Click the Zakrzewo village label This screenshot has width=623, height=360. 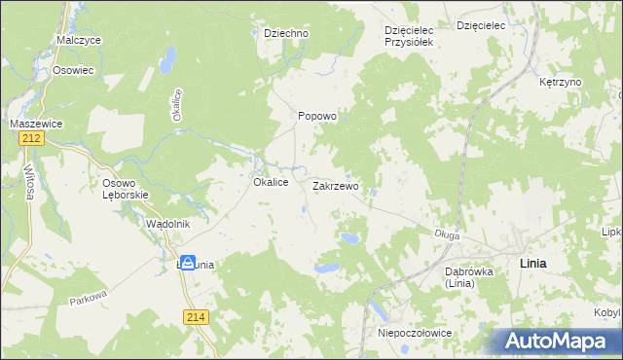coord(336,185)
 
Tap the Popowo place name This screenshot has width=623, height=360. coord(316,116)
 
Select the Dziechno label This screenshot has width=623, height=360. coord(286,33)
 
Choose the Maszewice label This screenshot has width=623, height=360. coord(36,124)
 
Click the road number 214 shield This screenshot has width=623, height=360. coord(195,317)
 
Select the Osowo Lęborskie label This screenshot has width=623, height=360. coord(125,189)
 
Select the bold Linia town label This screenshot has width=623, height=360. coord(532,264)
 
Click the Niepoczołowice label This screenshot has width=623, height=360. coord(414,333)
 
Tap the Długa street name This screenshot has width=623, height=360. coord(447,234)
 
